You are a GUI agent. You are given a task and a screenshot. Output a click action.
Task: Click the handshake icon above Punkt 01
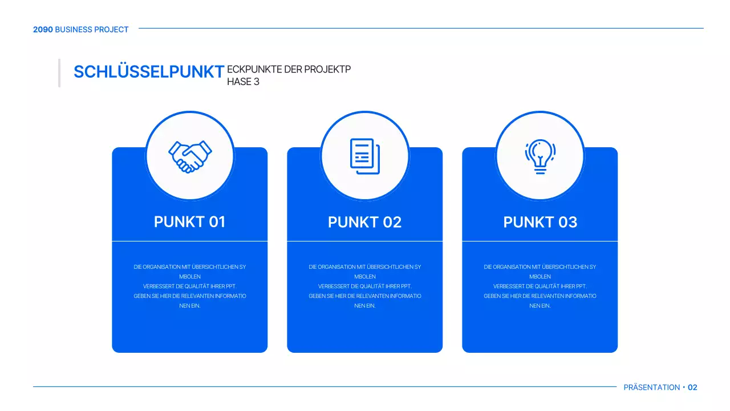pos(190,156)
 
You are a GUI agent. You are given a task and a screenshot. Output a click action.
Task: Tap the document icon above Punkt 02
pos(364,156)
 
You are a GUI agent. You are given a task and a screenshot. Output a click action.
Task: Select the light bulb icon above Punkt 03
pos(540,156)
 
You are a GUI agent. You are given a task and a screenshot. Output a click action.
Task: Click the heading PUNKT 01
pos(190,222)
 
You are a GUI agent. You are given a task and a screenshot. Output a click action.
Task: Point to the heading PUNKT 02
pos(364,222)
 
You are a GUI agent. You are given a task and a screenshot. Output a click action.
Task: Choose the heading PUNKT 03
pos(540,222)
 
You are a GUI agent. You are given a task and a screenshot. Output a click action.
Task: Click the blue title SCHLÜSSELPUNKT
pos(149,71)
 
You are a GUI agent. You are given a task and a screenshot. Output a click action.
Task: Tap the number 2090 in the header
pos(43,30)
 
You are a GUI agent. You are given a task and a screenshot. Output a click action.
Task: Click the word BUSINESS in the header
pos(74,30)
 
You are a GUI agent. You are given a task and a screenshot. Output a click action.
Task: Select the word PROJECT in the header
pos(111,30)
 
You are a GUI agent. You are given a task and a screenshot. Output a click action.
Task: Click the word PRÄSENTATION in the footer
pos(652,387)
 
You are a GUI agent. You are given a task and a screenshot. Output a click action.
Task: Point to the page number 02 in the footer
pos(692,387)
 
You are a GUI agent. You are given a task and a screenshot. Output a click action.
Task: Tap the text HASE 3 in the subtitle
pos(243,82)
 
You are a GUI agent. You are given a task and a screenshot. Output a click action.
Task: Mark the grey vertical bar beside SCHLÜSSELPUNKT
pos(59,72)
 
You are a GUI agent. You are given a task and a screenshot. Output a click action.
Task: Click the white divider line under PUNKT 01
pos(190,241)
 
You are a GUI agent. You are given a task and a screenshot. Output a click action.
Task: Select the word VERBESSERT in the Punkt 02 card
pos(334,287)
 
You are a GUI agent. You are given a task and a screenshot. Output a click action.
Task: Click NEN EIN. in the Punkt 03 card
pos(540,306)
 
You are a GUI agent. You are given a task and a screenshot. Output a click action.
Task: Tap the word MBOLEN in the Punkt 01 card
pos(190,277)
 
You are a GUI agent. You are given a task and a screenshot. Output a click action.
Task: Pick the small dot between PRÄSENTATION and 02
pos(684,387)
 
